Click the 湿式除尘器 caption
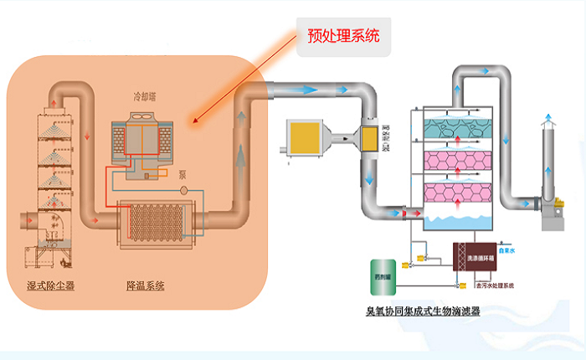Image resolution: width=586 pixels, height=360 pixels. pos(51,286)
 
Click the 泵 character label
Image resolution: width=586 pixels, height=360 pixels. pos(182,177)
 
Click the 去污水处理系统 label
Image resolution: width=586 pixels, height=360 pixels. pos(495,286)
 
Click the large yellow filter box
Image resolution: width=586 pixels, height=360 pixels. pos(302,136)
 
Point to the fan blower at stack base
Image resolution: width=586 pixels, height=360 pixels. pos(547,208)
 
